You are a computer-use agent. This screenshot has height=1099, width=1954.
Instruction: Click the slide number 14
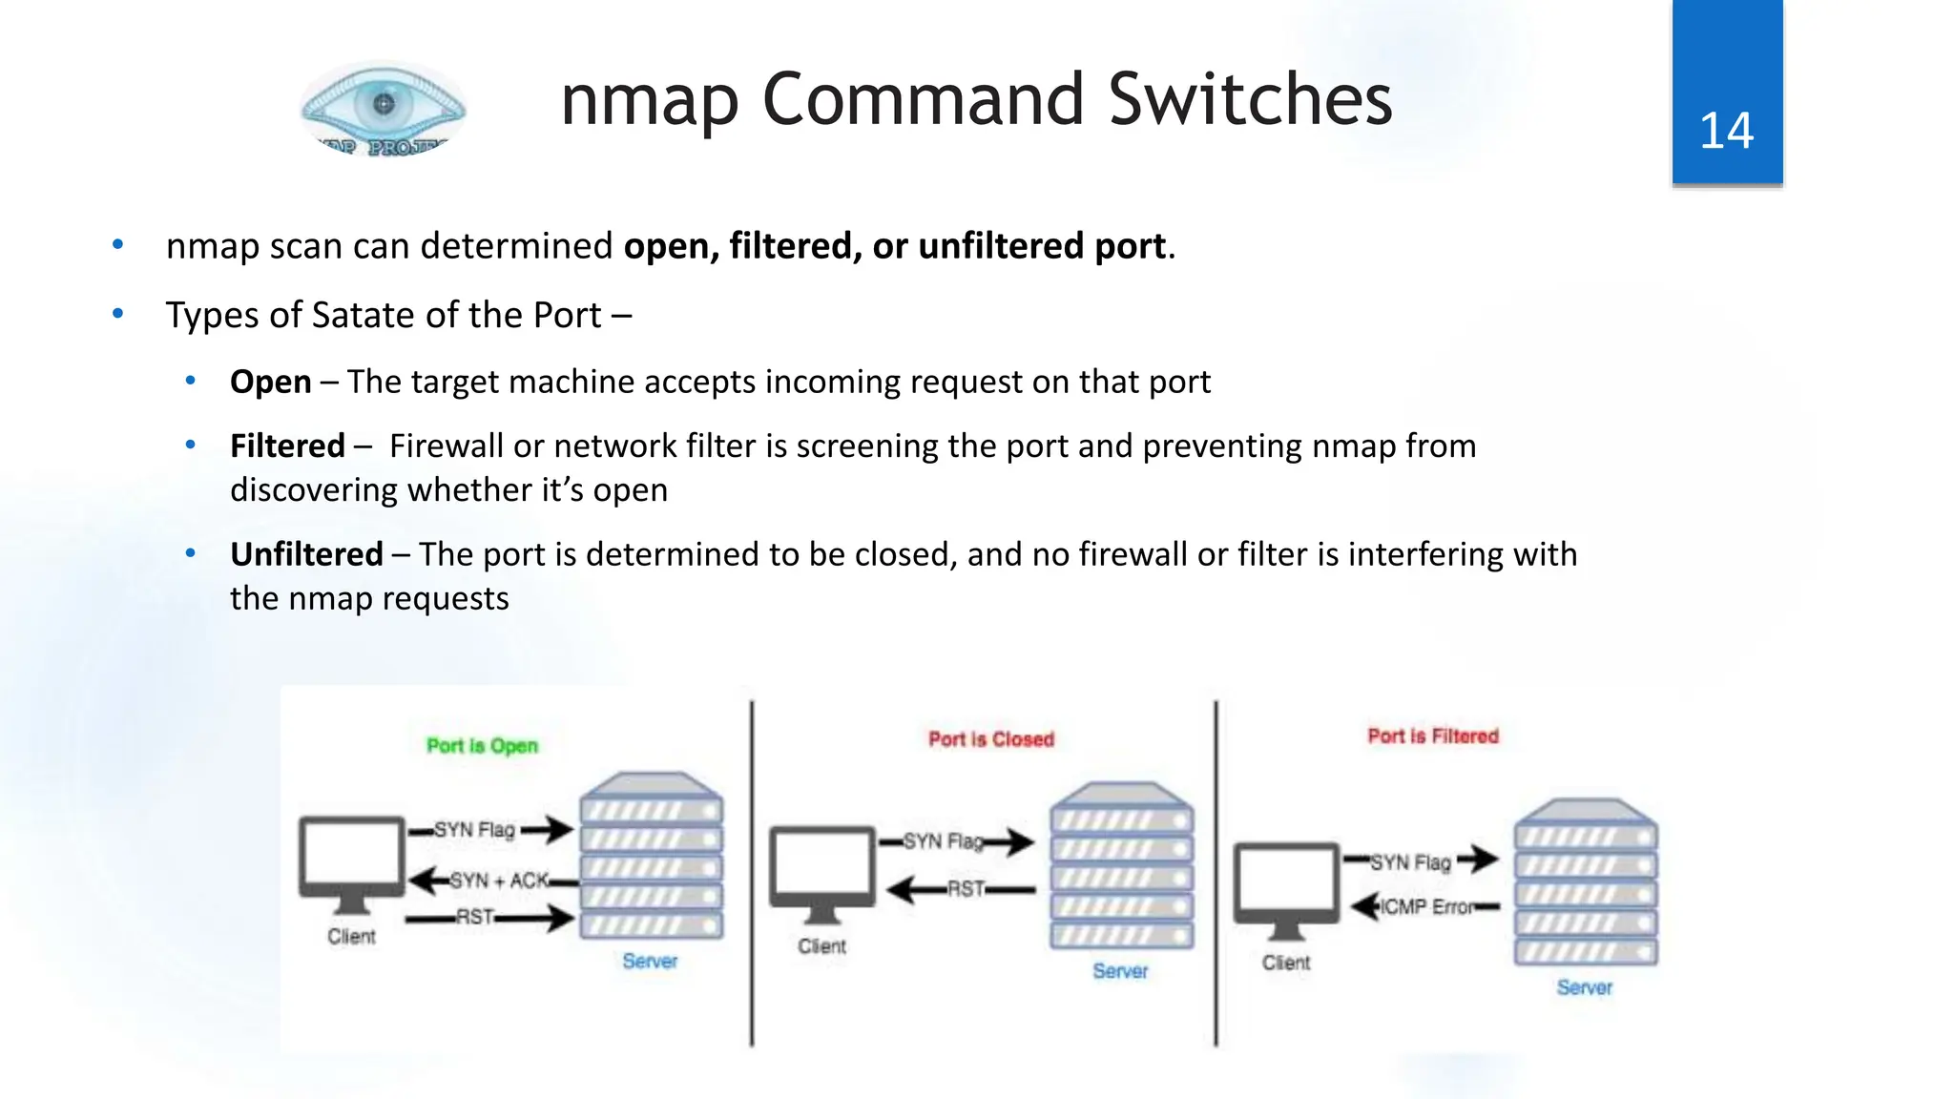pyautogui.click(x=1726, y=131)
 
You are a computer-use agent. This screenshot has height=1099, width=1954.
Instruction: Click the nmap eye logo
pyautogui.click(x=384, y=107)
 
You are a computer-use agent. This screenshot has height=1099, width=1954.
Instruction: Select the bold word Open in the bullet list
pyautogui.click(x=271, y=382)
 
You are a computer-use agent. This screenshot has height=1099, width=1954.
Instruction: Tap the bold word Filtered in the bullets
pyautogui.click(x=287, y=446)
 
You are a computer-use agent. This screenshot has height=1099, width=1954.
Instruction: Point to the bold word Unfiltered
pyautogui.click(x=306, y=554)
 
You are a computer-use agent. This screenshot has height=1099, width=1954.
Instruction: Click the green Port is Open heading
pyautogui.click(x=482, y=745)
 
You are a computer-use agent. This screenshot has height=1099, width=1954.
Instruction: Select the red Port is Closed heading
pyautogui.click(x=991, y=739)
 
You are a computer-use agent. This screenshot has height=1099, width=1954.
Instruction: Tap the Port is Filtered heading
pyautogui.click(x=1433, y=736)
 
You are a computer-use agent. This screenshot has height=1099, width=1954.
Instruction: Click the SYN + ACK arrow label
pyautogui.click(x=499, y=880)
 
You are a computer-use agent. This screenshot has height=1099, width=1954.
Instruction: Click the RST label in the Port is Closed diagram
pyautogui.click(x=965, y=888)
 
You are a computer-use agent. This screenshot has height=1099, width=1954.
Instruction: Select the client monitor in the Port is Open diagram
pyautogui.click(x=352, y=858)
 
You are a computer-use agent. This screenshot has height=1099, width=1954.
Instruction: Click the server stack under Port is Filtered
pyautogui.click(x=1586, y=882)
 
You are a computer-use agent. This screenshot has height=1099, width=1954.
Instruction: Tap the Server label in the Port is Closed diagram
pyautogui.click(x=1120, y=970)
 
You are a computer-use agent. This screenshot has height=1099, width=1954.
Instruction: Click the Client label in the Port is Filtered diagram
pyautogui.click(x=1285, y=963)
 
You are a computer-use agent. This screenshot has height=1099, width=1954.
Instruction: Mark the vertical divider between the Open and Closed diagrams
pyautogui.click(x=752, y=873)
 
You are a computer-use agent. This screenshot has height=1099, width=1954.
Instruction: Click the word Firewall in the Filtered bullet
pyautogui.click(x=446, y=446)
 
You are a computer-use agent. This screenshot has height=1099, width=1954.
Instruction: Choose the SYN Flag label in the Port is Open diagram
pyautogui.click(x=474, y=829)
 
